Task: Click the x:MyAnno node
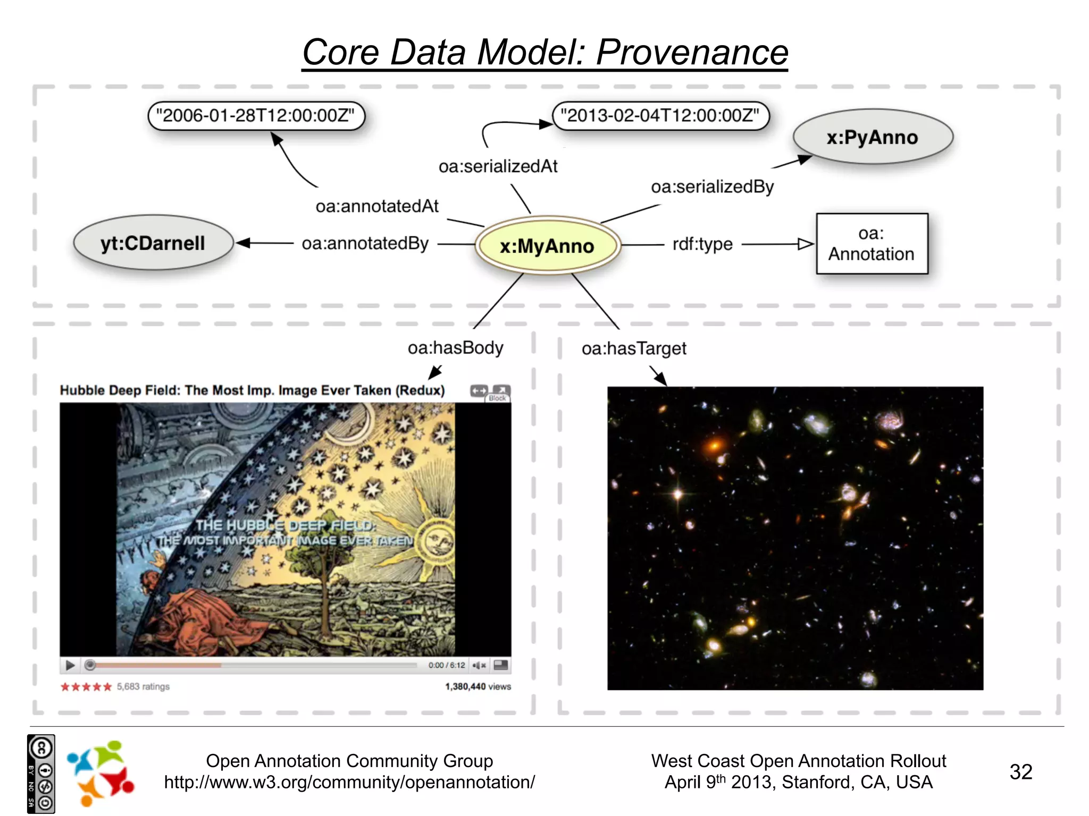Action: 547,245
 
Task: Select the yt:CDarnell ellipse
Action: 153,243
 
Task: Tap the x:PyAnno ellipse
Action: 872,137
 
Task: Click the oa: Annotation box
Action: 872,244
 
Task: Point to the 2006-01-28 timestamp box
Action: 256,116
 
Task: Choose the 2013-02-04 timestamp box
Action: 660,116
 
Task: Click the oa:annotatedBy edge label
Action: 365,243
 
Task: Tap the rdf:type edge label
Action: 702,244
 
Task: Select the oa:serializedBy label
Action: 712,186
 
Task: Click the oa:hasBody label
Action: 455,348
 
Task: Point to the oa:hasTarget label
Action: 634,348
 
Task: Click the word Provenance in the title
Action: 691,53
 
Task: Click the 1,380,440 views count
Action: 478,686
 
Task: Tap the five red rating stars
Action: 86,687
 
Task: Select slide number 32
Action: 1020,771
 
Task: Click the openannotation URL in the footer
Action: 349,782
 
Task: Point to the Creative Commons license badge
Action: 41,773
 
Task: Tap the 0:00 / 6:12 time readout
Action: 446,665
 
